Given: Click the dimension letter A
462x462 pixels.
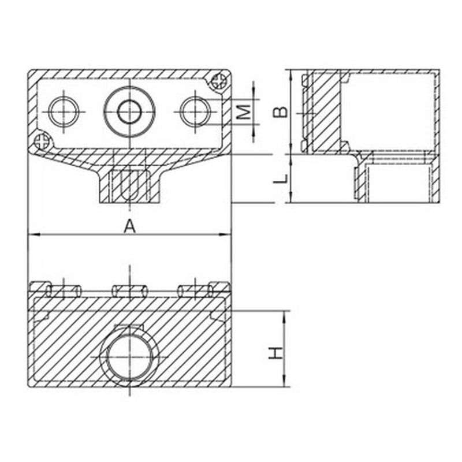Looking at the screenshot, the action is (x=129, y=227).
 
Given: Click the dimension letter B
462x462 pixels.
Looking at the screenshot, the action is (x=280, y=111).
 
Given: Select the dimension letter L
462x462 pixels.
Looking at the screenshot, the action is (x=280, y=178).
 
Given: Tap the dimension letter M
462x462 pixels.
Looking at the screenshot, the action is (x=244, y=112).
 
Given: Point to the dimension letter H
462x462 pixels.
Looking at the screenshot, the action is (x=276, y=353).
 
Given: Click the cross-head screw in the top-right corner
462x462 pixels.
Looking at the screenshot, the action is (x=220, y=80).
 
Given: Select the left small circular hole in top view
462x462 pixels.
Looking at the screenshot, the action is (x=64, y=111).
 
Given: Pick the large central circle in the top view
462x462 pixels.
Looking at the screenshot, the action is (x=129, y=111).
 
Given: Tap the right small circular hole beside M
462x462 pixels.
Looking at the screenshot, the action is (x=195, y=111).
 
